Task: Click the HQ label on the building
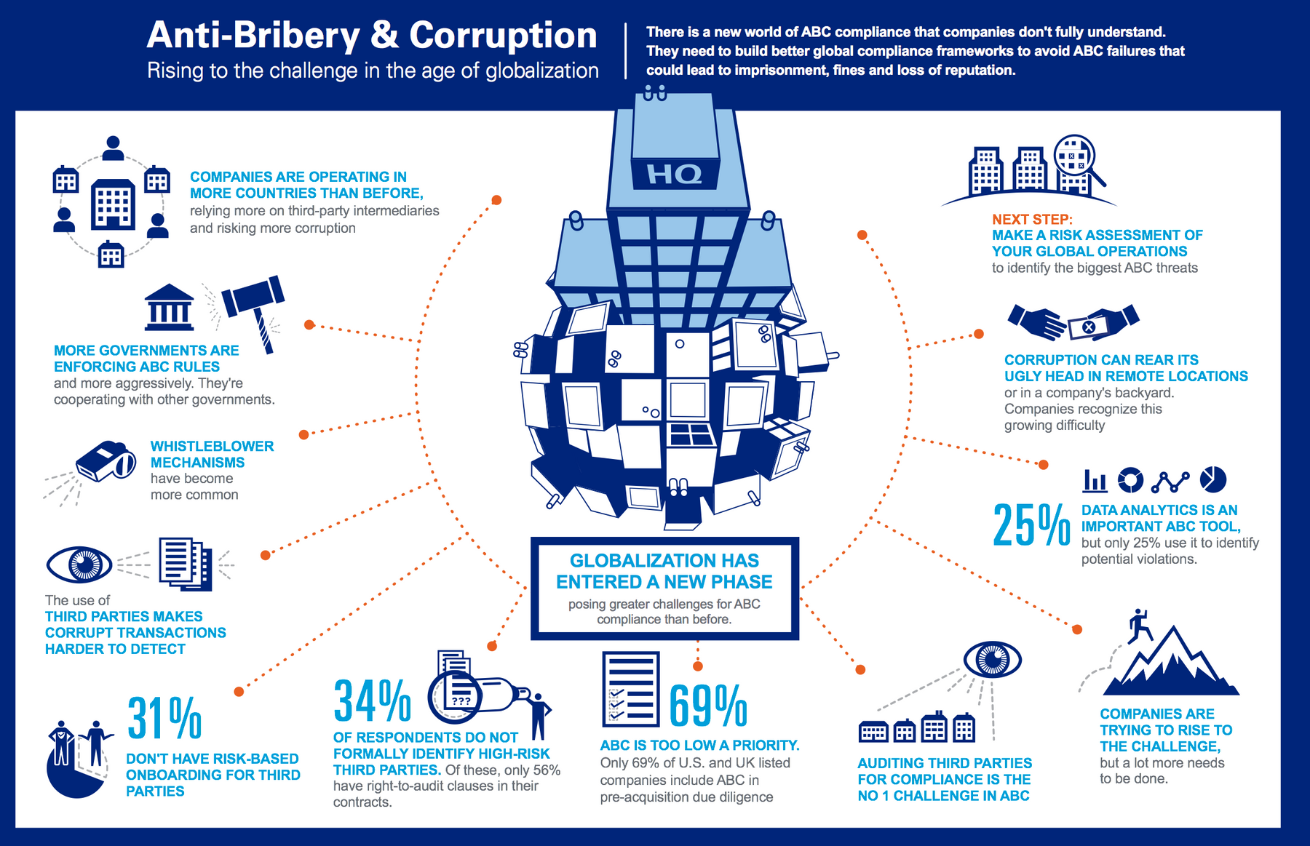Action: pos(674,175)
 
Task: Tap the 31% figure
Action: pos(164,718)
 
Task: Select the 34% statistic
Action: pos(372,701)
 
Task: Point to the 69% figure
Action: pos(707,706)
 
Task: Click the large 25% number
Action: pos(1031,524)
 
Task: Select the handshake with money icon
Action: pos(1073,323)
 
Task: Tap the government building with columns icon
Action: pos(169,307)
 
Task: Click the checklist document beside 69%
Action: pos(630,689)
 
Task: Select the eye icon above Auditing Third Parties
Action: pos(992,660)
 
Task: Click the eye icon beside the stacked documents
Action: pos(79,564)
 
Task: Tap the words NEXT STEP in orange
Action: pos(1032,219)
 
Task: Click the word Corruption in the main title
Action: pos(503,36)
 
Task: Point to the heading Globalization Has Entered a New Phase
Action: pos(664,571)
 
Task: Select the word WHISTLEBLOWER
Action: pos(212,446)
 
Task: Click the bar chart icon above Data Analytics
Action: pos(1095,480)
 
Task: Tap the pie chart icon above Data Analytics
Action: pos(1213,479)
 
